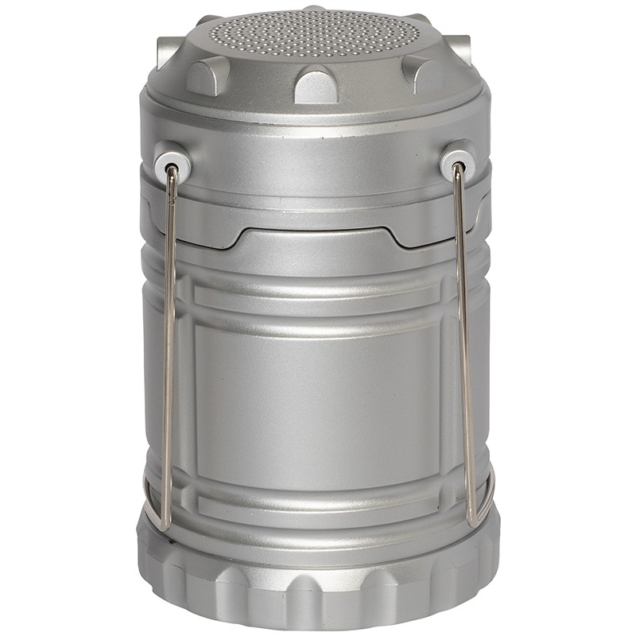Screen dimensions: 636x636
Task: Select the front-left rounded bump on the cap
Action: [x=207, y=76]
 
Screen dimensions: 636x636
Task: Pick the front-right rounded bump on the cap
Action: [x=422, y=75]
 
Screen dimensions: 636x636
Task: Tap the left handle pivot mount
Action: [x=173, y=160]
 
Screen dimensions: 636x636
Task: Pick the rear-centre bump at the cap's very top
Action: [x=316, y=11]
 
